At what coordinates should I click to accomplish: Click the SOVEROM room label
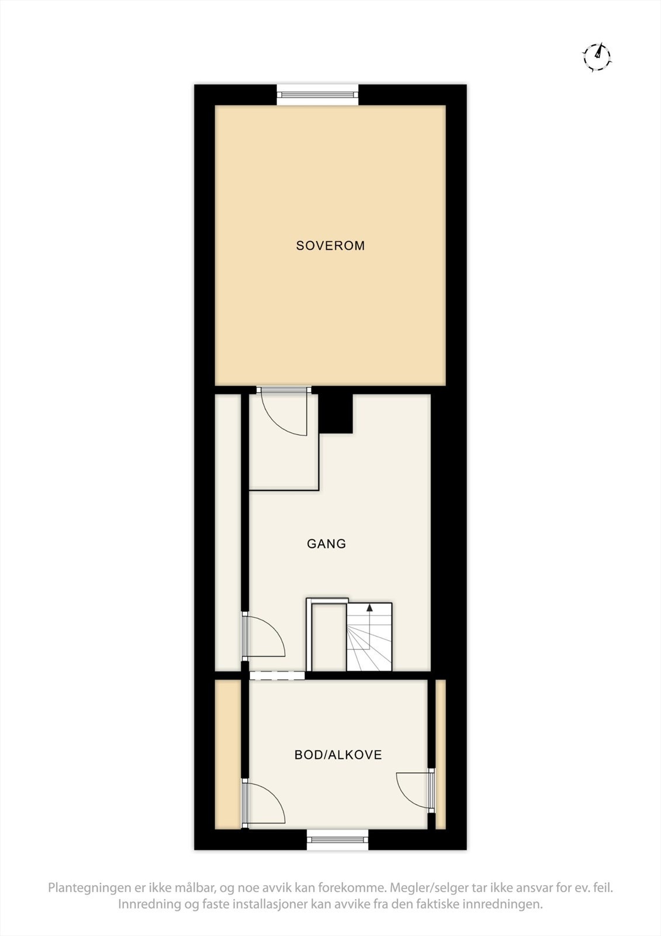(330, 246)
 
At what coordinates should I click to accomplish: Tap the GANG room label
(326, 544)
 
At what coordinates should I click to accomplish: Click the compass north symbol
(597, 56)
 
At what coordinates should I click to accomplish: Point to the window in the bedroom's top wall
(317, 95)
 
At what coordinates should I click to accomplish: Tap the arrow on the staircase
(369, 608)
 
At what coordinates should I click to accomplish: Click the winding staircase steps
(369, 641)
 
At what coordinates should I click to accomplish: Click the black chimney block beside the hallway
(336, 413)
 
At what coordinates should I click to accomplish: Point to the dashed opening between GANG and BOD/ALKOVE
(277, 676)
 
